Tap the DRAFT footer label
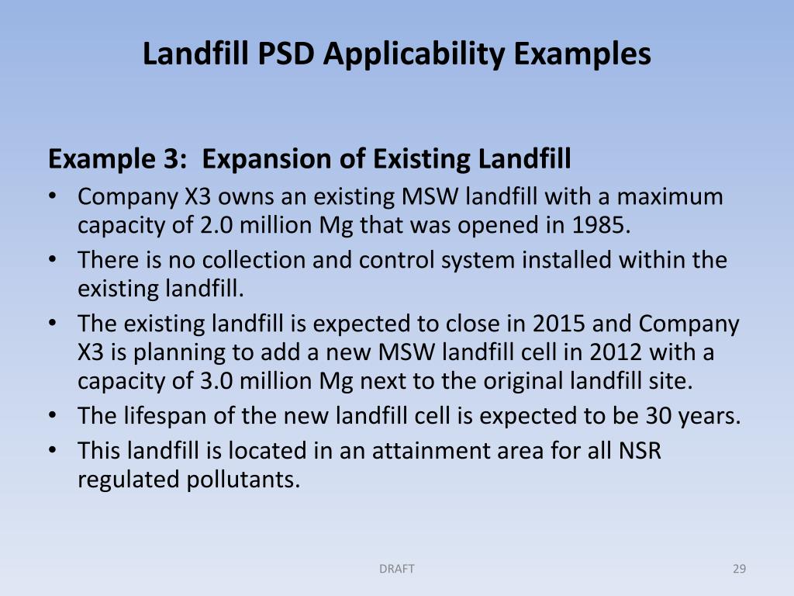[397, 569]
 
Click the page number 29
[739, 569]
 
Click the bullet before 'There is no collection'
[52, 260]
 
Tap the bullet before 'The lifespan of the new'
[52, 416]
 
